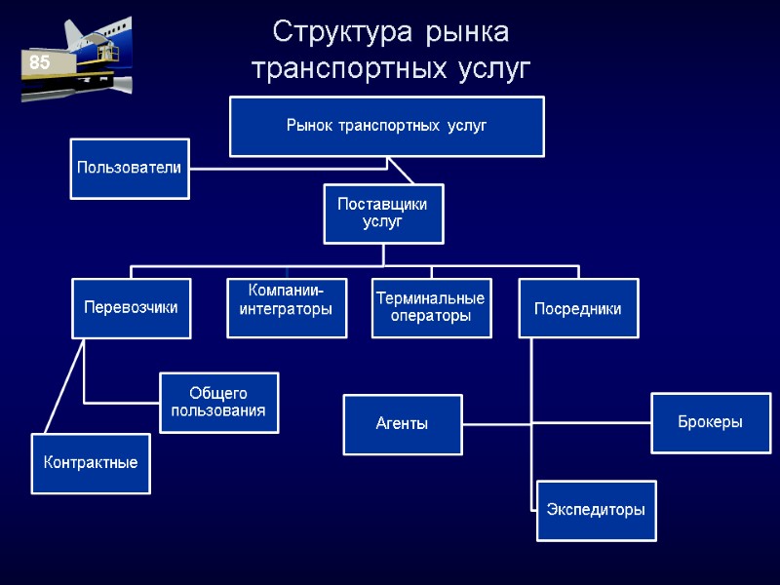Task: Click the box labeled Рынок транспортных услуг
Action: point(386,126)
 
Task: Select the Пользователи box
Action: point(130,169)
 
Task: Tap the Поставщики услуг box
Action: point(383,214)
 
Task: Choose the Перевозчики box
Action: point(131,308)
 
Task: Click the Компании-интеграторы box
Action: point(287,308)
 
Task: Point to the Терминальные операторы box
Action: point(431,308)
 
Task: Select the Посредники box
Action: point(577,308)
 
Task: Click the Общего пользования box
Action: point(218,402)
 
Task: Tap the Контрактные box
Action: point(91,463)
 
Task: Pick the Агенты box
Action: point(402,424)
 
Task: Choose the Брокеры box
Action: point(710,422)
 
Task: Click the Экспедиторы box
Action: point(596,510)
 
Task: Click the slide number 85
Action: point(39,62)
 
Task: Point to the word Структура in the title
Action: point(333,33)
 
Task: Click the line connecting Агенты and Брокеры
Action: point(556,424)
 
